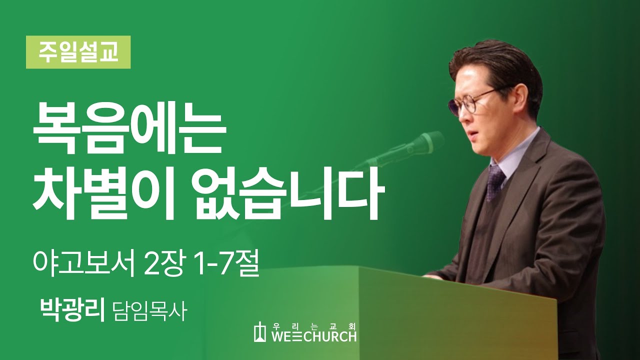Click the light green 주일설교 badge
78,52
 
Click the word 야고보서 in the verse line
83,263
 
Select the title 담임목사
150,311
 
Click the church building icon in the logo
260,331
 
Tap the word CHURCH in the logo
331,336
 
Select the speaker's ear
521,100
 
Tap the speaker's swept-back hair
497,64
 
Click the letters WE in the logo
282,336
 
